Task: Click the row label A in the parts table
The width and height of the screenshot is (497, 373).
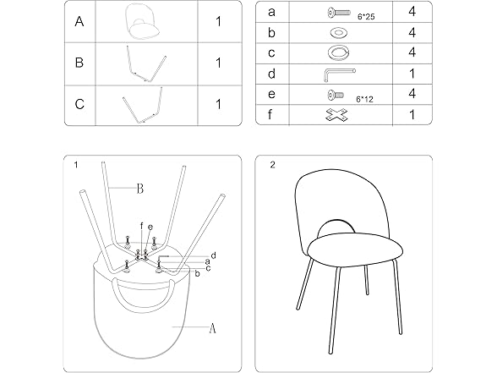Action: [x=79, y=22]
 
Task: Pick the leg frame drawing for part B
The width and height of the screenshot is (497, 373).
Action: [x=146, y=64]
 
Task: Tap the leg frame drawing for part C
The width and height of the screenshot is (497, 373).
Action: [x=143, y=105]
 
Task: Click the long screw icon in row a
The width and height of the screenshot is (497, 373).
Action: [x=339, y=13]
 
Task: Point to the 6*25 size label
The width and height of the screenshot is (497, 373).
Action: [x=366, y=17]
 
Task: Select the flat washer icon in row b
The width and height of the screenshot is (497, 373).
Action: [x=338, y=32]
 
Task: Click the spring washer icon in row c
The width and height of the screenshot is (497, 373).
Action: [x=338, y=52]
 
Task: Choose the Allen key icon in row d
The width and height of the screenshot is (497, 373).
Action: [x=339, y=74]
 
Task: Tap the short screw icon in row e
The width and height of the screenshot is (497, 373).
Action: [x=336, y=95]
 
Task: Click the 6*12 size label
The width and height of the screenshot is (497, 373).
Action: [x=364, y=100]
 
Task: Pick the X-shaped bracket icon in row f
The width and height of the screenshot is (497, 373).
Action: [x=336, y=115]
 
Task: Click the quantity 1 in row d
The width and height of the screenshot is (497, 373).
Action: [x=412, y=74]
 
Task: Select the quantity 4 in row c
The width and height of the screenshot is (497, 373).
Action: [x=412, y=52]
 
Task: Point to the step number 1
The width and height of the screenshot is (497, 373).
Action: [x=76, y=165]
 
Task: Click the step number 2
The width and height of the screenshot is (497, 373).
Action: [x=272, y=165]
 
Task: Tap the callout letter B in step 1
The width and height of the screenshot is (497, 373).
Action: [x=139, y=189]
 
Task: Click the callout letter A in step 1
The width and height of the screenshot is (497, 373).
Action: [x=212, y=328]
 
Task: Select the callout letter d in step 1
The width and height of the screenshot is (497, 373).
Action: [x=213, y=255]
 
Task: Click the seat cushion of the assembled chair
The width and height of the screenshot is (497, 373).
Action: [x=355, y=250]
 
